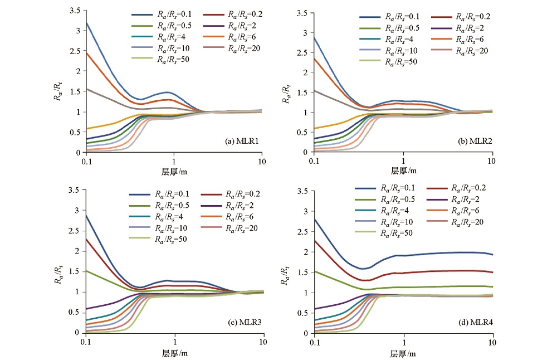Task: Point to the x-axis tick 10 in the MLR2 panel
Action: (x=491, y=161)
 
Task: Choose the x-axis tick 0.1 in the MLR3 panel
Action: (x=86, y=342)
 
